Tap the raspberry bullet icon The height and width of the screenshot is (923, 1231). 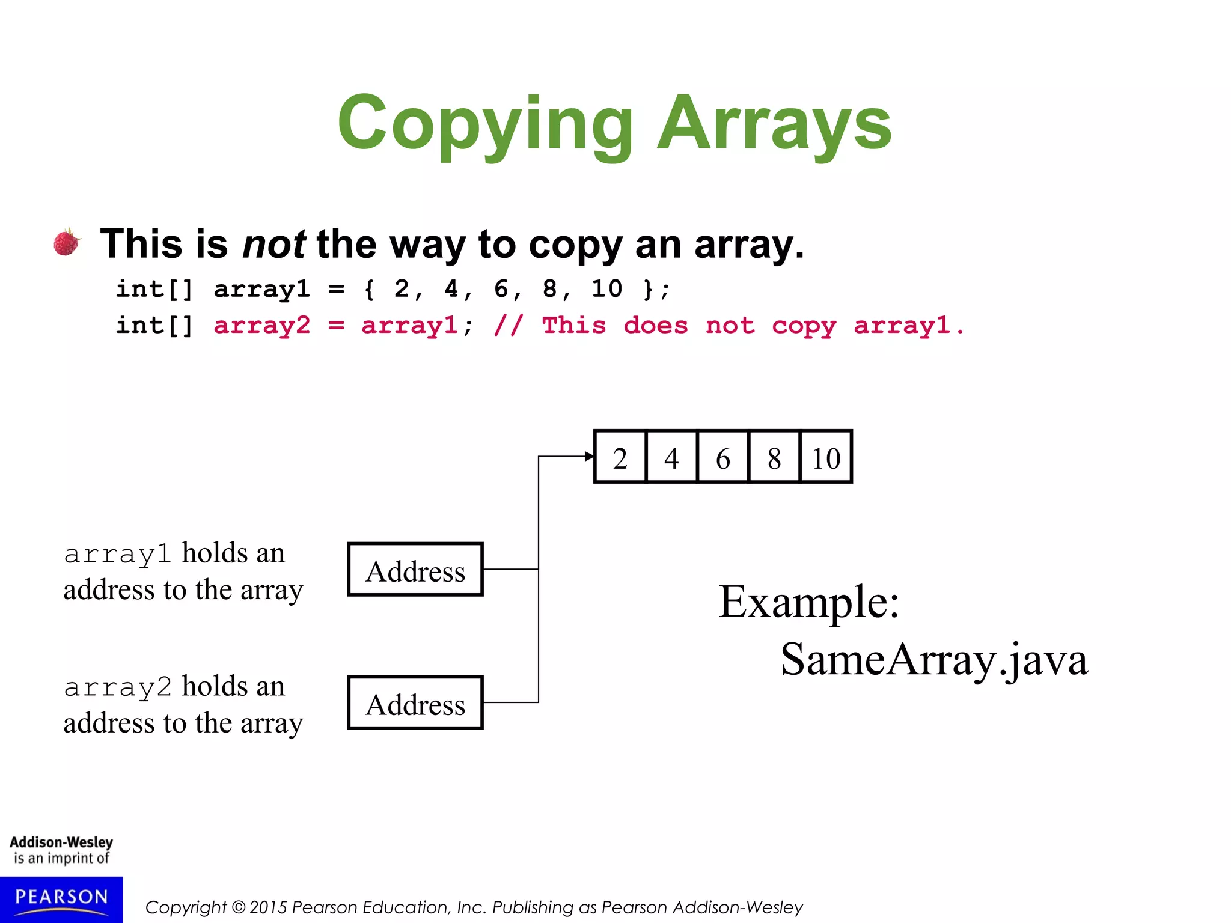[67, 242]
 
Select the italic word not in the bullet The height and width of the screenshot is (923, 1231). [273, 245]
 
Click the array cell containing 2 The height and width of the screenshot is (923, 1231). [620, 457]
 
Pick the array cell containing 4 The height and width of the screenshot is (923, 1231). [671, 457]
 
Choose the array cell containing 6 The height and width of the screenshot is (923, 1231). [723, 457]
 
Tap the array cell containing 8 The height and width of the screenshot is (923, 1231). [774, 457]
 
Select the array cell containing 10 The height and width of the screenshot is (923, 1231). [826, 457]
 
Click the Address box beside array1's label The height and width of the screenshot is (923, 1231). [415, 570]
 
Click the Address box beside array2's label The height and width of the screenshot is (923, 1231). [415, 703]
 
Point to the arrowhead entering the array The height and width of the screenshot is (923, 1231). [589, 457]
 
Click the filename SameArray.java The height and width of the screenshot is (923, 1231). [934, 660]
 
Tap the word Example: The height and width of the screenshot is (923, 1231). [809, 602]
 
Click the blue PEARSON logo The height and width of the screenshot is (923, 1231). [61, 899]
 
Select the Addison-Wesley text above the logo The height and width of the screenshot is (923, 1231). [61, 842]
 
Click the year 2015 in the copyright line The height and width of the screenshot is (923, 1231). [268, 907]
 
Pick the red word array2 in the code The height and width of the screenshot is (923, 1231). [262, 326]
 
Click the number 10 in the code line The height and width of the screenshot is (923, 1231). [606, 289]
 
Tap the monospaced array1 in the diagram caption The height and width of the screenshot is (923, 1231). [118, 554]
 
